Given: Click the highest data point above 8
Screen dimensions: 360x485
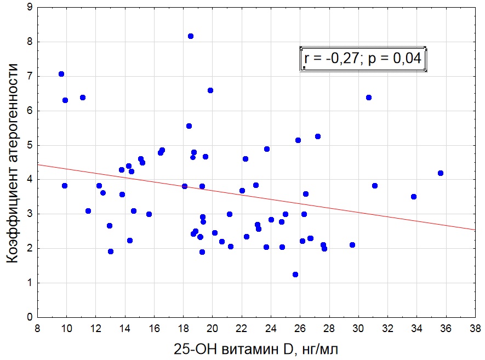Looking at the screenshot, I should pos(191,36).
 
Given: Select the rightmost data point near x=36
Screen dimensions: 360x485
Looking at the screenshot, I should pos(441,173).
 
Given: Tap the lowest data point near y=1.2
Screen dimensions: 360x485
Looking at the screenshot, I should pos(295,275).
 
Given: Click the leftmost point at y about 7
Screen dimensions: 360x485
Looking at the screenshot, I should pos(61,74).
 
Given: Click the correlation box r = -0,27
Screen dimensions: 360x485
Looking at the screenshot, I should pos(363,58).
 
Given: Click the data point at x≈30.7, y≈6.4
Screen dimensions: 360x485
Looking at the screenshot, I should pos(369,98).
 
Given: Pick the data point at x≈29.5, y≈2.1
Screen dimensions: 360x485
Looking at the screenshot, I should pos(352,245).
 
